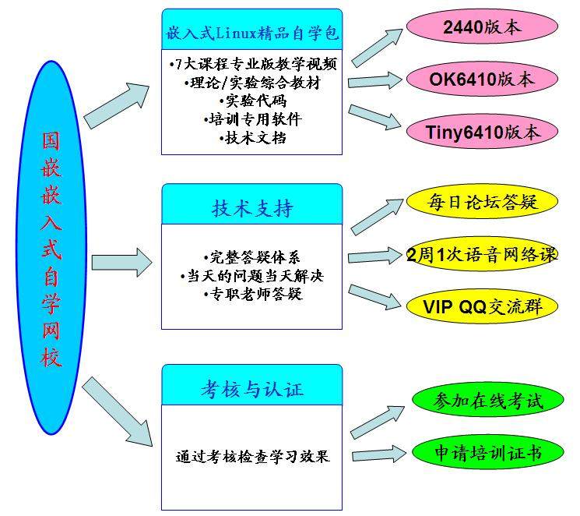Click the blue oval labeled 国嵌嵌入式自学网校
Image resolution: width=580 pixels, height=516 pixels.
coord(51,248)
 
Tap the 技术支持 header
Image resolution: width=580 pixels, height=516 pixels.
coord(251,208)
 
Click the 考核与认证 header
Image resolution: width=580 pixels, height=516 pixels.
coord(251,387)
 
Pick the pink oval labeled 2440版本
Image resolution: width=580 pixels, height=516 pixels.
coord(481,27)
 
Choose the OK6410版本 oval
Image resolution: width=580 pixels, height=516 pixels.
coord(482,79)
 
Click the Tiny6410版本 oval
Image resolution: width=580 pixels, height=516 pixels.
coord(483,132)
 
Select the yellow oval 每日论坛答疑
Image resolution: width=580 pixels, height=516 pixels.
coord(482,203)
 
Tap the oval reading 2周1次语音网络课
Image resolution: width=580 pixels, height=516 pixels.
coord(483,255)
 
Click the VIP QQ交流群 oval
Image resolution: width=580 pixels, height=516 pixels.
coord(482,306)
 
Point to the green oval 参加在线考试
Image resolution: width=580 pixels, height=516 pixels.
coord(488,401)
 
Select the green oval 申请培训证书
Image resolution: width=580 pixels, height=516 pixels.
coord(488,452)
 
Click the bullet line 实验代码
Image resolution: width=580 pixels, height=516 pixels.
coord(252,101)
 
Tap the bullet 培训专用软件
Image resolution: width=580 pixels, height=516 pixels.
coord(252,120)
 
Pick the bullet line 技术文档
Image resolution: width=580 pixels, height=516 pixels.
coord(252,138)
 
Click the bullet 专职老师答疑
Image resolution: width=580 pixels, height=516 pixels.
coord(251,294)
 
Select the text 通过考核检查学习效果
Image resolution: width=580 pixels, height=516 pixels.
coord(251,457)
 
